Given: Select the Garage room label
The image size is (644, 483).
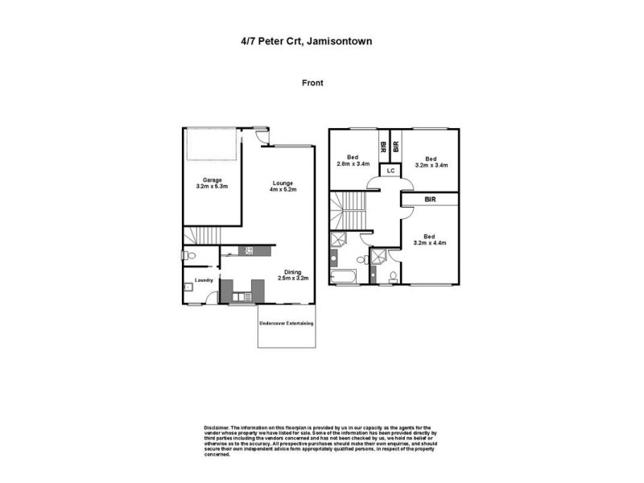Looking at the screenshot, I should click(x=212, y=183).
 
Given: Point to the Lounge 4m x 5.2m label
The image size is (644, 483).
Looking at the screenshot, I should click(x=283, y=186).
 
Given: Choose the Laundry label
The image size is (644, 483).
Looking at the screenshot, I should click(x=202, y=280).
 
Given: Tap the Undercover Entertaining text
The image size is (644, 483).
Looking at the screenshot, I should click(x=286, y=324).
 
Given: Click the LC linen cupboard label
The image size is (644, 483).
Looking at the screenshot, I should click(x=390, y=171).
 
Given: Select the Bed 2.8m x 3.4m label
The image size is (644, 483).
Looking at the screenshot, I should click(x=353, y=161).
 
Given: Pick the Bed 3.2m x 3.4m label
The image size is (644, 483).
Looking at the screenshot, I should click(x=431, y=161).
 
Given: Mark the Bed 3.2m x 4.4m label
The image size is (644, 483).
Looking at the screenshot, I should click(x=431, y=238).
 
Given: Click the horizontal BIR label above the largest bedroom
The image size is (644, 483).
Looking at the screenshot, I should click(x=431, y=198).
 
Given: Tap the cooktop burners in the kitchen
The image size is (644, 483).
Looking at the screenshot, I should click(x=250, y=250).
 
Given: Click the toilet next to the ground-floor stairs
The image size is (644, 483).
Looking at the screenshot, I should click(x=190, y=257).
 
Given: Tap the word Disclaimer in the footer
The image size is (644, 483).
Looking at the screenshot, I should click(x=217, y=427).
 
